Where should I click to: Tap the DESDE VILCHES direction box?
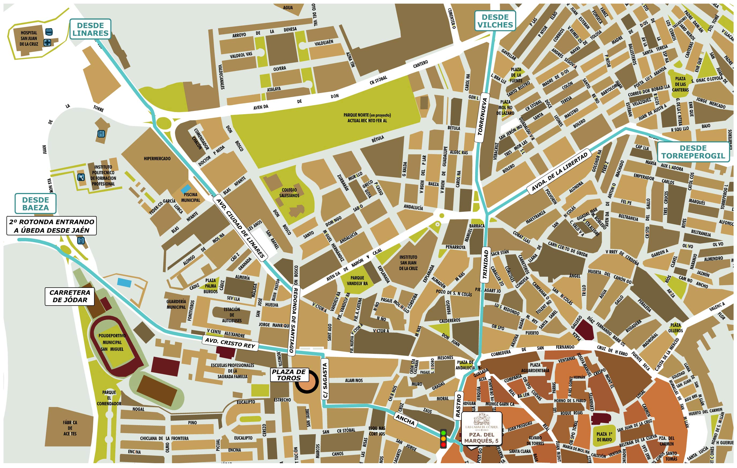coord(495,21)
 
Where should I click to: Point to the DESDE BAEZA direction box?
coord(35,203)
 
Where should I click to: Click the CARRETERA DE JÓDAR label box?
coord(70,296)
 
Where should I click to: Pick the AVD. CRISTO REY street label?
coord(230,343)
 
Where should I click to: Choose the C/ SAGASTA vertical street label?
coord(325,380)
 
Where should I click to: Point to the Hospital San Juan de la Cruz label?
coord(29,38)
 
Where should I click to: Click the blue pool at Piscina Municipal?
coord(185,188)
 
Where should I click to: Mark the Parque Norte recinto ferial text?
coord(367,118)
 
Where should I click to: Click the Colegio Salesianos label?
coord(289,192)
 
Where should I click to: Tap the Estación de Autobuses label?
coord(232,315)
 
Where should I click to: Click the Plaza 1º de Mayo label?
coord(604,437)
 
